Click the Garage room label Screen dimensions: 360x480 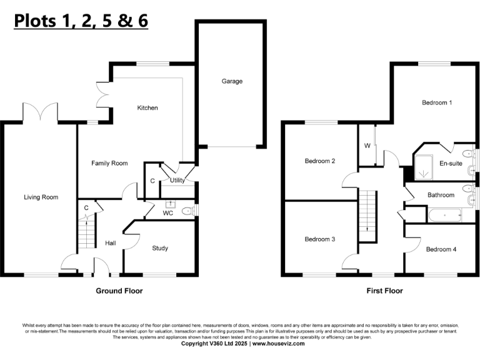click(x=232, y=81)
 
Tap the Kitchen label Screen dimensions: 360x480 click(x=147, y=108)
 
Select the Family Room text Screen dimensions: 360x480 click(x=109, y=164)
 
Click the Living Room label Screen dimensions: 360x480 click(x=41, y=197)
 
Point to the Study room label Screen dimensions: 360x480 click(x=160, y=248)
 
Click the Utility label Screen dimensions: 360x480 click(x=177, y=181)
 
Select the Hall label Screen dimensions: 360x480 click(x=111, y=243)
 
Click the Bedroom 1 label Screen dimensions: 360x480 click(x=437, y=102)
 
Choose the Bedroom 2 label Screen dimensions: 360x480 click(x=320, y=161)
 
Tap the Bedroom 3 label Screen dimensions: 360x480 click(x=320, y=239)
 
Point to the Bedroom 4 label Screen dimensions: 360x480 click(x=441, y=249)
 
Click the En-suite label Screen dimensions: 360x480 click(x=449, y=164)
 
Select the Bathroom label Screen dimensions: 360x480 click(x=441, y=195)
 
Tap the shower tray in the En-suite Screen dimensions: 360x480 click(x=426, y=164)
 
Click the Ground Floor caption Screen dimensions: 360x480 click(x=119, y=291)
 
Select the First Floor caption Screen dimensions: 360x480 click(x=384, y=291)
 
